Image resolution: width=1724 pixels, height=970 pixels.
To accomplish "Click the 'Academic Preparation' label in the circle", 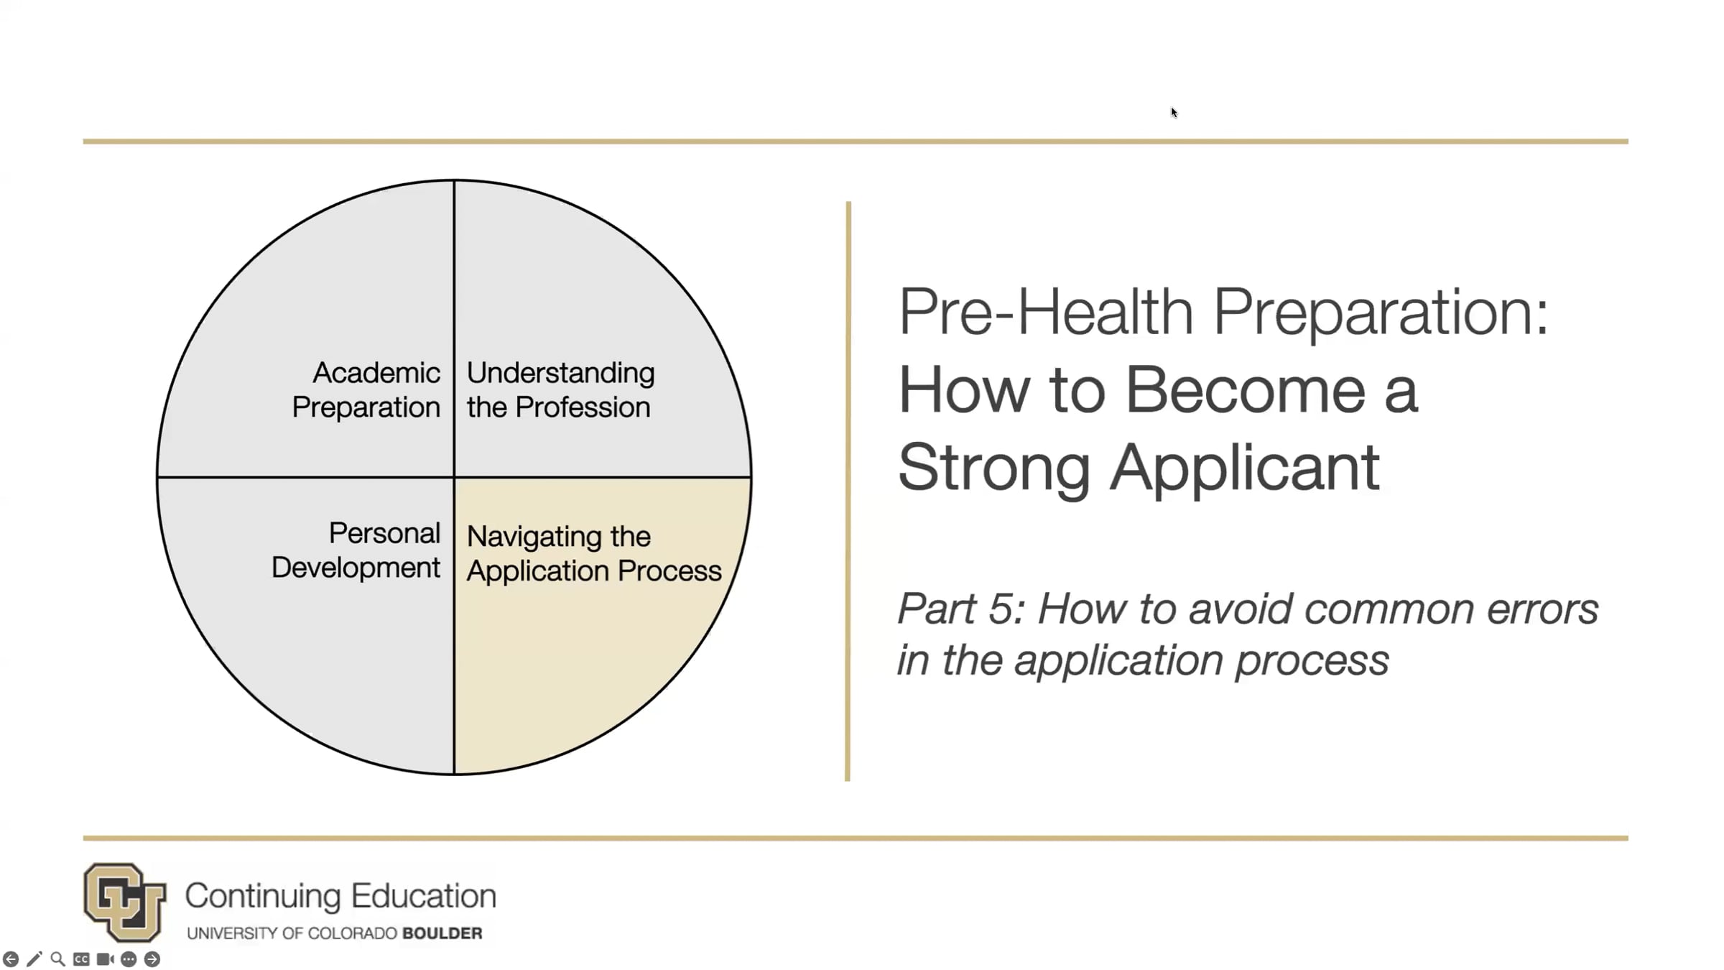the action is coord(366,389).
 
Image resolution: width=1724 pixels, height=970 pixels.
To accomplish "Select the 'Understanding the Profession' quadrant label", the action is coord(560,389).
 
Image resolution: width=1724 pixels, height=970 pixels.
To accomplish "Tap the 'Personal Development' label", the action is coord(356,550).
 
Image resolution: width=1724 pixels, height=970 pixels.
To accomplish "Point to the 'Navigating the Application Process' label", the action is coord(594,553).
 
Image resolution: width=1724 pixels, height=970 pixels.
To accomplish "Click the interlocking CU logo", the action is coord(124,902).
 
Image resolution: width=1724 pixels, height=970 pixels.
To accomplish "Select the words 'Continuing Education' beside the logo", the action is coord(340,896).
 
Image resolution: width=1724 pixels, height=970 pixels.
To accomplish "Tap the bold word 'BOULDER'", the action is coord(442,933).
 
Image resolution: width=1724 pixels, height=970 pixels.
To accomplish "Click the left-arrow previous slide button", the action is coord(11,959).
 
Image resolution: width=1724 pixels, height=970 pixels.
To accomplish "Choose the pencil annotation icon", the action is coord(34,959).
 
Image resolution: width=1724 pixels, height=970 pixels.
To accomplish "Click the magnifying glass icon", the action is coord(58,959).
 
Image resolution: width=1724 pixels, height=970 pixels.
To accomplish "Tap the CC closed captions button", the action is coord(81,959).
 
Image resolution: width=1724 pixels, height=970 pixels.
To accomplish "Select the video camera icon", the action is coord(105,959).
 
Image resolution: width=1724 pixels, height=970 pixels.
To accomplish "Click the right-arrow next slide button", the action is coord(152,959).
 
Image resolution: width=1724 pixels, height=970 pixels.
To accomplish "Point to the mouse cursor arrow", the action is coord(1174,112).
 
